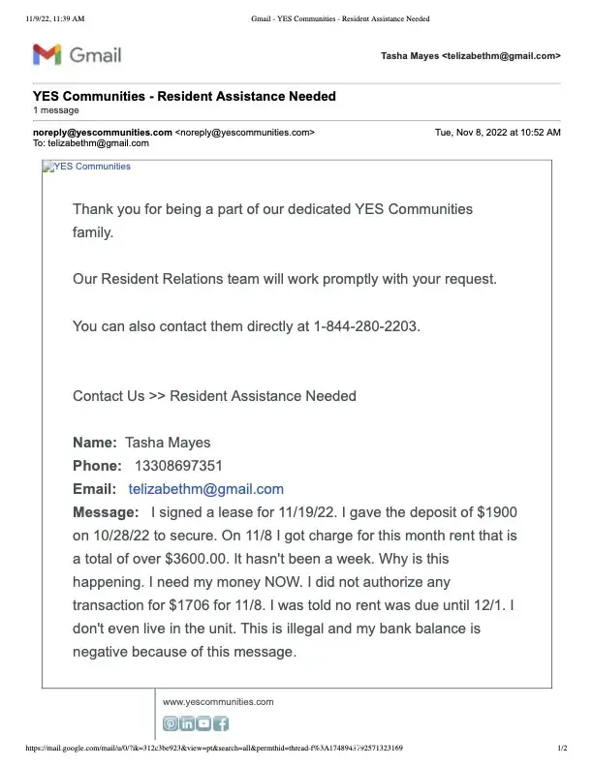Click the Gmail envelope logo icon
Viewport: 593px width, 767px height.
pyautogui.click(x=48, y=55)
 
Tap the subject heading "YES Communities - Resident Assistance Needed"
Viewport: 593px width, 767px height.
pyautogui.click(x=184, y=97)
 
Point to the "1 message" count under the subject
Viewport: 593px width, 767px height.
pyautogui.click(x=55, y=111)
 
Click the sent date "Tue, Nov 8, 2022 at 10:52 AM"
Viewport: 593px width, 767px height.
pyautogui.click(x=497, y=132)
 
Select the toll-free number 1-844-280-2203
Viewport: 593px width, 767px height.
pyautogui.click(x=366, y=326)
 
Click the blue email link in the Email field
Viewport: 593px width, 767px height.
pyautogui.click(x=205, y=489)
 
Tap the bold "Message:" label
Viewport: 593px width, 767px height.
pyautogui.click(x=106, y=512)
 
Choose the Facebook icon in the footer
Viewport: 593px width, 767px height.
pyautogui.click(x=221, y=723)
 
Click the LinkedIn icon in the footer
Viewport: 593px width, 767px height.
pyautogui.click(x=187, y=723)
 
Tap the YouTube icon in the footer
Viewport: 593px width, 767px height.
pyautogui.click(x=203, y=723)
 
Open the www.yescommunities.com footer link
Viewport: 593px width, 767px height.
pyautogui.click(x=218, y=701)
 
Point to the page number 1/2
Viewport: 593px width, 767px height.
pyautogui.click(x=561, y=749)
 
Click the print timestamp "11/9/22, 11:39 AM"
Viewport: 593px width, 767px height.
pyautogui.click(x=56, y=18)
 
